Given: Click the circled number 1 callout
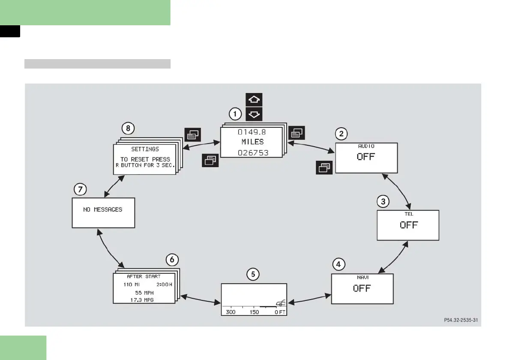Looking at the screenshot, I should [234, 114].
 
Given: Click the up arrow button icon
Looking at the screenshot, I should [254, 100].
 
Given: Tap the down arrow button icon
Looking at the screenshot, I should [254, 114].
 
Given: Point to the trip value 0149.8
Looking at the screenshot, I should [252, 132].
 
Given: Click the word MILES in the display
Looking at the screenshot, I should [252, 142].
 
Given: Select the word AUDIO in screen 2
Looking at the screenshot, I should [366, 146].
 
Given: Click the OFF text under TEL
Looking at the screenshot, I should [408, 225].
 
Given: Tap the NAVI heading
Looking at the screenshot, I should [363, 277].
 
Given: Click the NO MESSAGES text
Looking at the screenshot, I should [102, 210].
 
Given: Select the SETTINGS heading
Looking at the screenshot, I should [145, 149].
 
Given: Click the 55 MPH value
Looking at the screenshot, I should [144, 292].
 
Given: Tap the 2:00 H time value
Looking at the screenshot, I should [164, 284].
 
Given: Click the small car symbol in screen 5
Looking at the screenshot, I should [280, 304].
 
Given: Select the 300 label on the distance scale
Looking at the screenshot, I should [231, 312].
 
